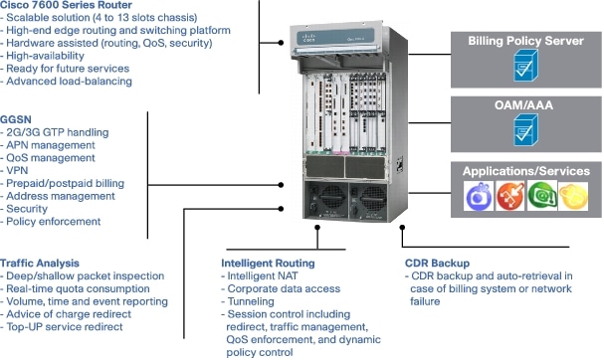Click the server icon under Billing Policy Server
[524, 69]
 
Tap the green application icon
[541, 197]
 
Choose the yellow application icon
[572, 197]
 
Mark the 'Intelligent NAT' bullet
[262, 275]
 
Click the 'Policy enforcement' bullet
[57, 222]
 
